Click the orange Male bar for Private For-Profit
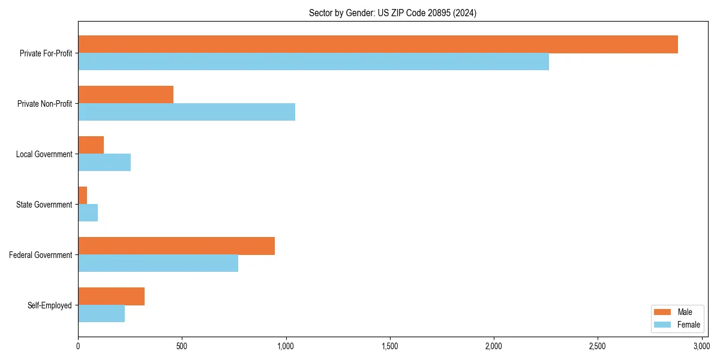click(x=378, y=44)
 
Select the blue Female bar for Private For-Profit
click(x=313, y=62)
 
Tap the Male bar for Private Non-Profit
click(x=126, y=95)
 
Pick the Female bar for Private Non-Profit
click(x=187, y=112)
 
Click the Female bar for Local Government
click(x=104, y=163)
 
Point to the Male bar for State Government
click(x=83, y=196)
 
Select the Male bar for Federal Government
click(x=176, y=246)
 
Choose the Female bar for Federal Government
click(x=158, y=263)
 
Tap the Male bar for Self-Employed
click(x=111, y=296)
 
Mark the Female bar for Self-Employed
click(x=101, y=314)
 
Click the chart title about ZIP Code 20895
click(x=392, y=13)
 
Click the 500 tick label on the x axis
click(x=182, y=347)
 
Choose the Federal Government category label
click(x=40, y=255)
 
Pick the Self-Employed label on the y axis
click(x=50, y=305)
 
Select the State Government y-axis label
click(x=44, y=205)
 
